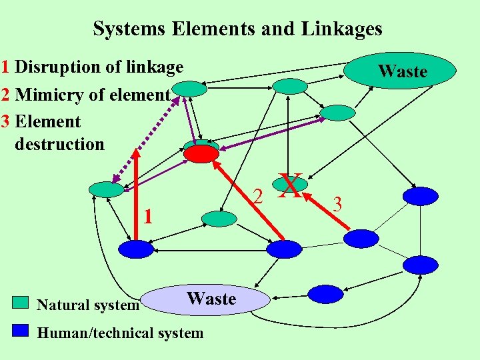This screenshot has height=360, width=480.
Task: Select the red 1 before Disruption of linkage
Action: click(x=5, y=67)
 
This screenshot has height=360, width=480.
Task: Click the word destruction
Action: click(x=59, y=144)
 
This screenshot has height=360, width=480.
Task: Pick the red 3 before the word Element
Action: click(x=5, y=122)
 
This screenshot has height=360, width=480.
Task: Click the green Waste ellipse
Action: click(x=401, y=71)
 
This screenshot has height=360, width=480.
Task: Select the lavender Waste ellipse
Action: click(x=211, y=299)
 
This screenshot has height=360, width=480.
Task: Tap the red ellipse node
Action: click(x=201, y=154)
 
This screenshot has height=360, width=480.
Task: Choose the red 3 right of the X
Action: click(x=337, y=205)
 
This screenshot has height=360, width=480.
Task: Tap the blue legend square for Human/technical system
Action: click(x=21, y=330)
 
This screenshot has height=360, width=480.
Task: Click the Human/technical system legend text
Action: click(x=120, y=333)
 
